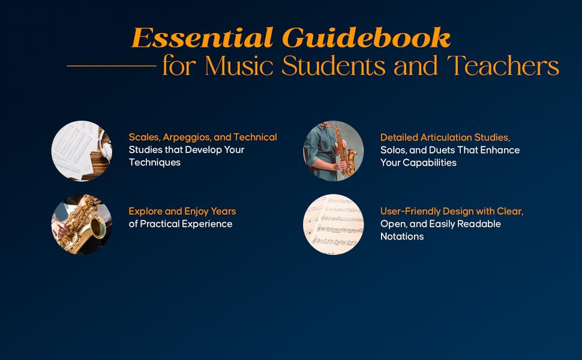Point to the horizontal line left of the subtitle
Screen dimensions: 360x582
(111, 65)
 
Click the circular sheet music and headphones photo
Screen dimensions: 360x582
(82, 151)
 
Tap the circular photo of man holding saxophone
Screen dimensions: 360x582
(333, 151)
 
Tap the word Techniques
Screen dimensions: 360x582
(154, 162)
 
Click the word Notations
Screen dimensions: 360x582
(402, 236)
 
